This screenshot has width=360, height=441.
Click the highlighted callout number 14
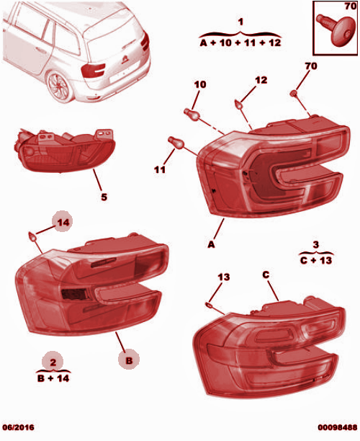click(63, 222)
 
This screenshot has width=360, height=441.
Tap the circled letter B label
click(129, 360)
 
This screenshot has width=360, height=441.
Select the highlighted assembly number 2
click(53, 362)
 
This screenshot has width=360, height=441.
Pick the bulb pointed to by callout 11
click(176, 142)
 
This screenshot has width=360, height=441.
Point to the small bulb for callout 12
click(238, 105)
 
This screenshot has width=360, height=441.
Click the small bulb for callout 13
click(210, 305)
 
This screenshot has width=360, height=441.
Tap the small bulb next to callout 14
click(33, 236)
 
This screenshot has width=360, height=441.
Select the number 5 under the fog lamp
click(104, 197)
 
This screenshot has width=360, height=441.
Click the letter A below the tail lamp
click(211, 244)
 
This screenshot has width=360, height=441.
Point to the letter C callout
click(266, 275)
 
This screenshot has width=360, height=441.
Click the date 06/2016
click(18, 427)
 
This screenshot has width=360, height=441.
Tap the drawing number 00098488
click(338, 427)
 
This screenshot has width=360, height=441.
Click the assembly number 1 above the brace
click(240, 22)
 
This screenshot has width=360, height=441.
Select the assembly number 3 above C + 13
click(316, 244)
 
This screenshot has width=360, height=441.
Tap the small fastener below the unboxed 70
click(294, 94)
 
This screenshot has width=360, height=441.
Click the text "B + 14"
click(53, 378)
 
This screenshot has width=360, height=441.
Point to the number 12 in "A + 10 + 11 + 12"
click(274, 43)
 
